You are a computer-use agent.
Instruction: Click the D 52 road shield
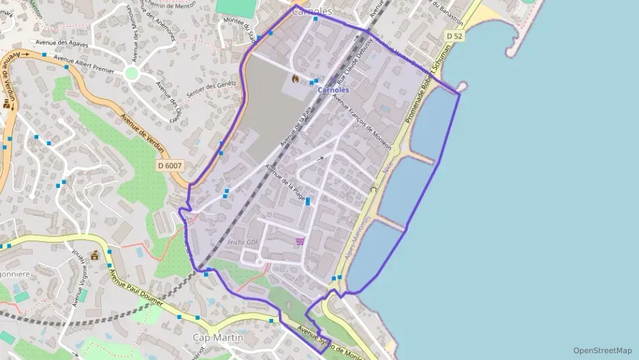coord(453,36)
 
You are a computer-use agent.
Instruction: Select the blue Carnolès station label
coord(334,90)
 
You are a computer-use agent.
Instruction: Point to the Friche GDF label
coord(244,243)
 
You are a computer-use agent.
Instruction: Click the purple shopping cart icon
coord(299,241)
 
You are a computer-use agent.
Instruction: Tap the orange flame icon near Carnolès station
coord(295,79)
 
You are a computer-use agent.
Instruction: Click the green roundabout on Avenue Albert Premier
coord(132,73)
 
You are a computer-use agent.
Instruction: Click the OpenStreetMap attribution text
coord(602,350)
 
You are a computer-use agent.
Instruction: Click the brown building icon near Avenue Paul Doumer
coord(94,255)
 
